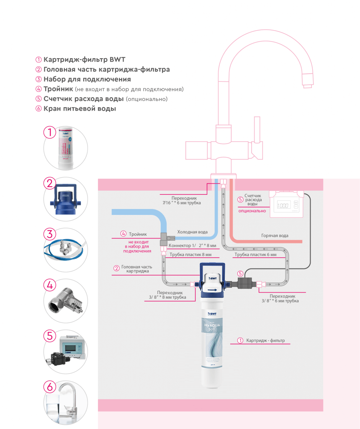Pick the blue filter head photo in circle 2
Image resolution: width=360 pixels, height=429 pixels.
[66, 198]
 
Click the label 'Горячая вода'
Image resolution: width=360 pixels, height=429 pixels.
[275, 235]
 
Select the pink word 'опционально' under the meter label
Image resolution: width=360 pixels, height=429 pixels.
[252, 211]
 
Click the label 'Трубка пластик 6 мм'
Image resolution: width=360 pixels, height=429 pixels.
[255, 255]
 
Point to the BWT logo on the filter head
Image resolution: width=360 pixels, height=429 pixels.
[213, 277]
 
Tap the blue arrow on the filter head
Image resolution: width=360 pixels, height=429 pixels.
[213, 289]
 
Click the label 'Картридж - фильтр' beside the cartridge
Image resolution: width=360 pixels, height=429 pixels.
[265, 340]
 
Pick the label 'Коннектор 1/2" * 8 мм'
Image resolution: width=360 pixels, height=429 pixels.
[192, 246]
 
